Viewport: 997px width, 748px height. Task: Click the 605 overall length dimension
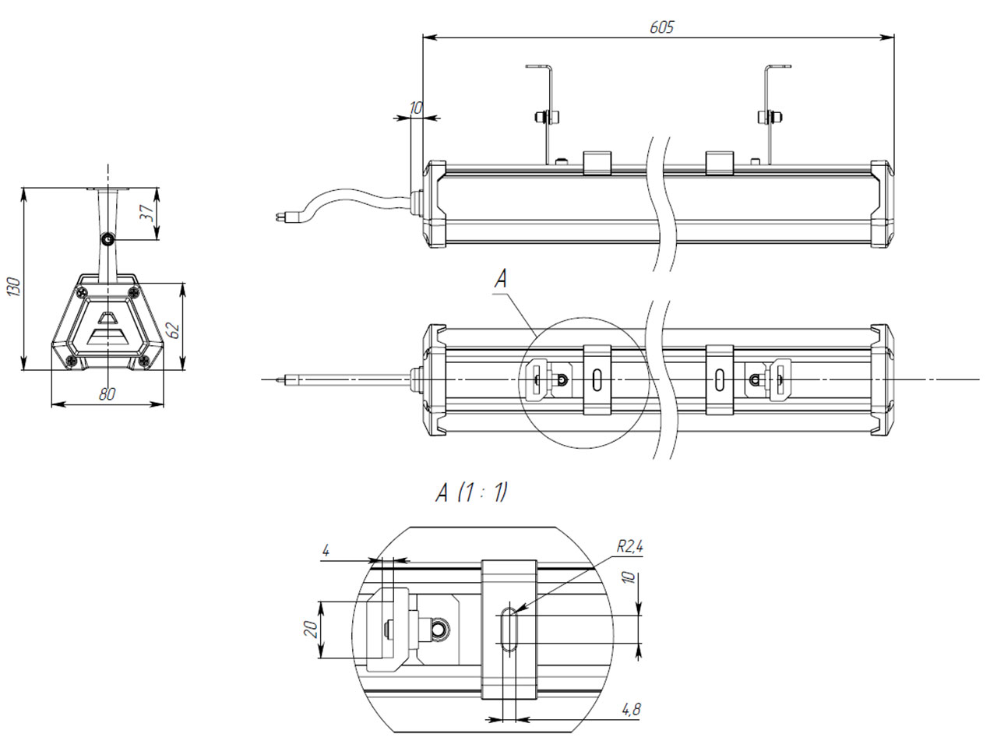[x=661, y=27]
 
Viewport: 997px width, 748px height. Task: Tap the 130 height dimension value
[x=15, y=286]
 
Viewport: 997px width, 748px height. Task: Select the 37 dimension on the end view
[x=146, y=212]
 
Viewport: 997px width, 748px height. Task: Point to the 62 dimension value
[x=174, y=330]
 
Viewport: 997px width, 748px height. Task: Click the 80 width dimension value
[x=107, y=393]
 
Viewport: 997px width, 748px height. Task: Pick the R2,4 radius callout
[x=629, y=547]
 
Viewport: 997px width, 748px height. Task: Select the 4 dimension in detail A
[x=326, y=551]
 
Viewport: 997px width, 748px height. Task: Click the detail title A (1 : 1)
[x=471, y=492]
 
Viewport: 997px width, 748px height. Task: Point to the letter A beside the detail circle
[x=500, y=278]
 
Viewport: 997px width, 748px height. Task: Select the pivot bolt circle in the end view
[x=107, y=239]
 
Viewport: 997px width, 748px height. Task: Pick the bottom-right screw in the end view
[x=144, y=361]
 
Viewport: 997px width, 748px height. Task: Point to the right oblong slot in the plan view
[x=719, y=379]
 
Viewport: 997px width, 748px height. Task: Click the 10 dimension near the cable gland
[x=416, y=108]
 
